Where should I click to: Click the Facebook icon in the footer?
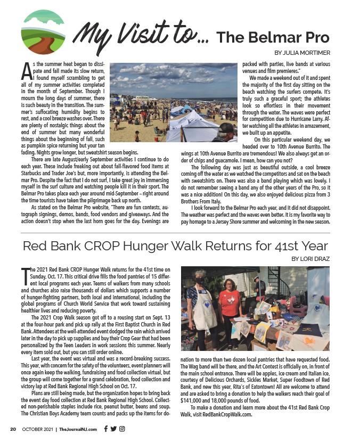[x=106, y=429]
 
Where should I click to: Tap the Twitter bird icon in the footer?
[x=113, y=429]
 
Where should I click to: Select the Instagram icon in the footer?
[x=121, y=429]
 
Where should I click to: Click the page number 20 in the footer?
[x=13, y=429]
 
